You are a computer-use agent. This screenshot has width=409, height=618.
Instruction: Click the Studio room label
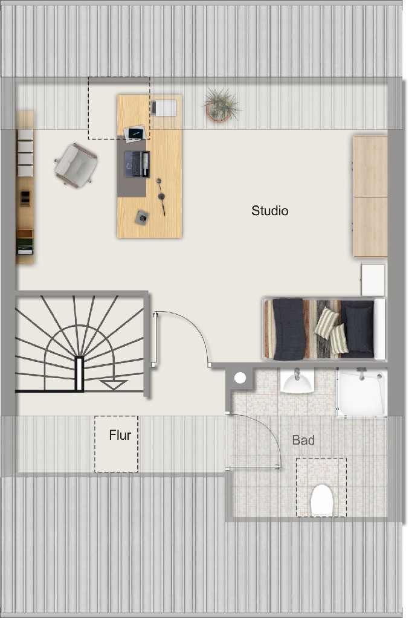click(269, 210)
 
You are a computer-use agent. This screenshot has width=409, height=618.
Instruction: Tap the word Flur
click(120, 435)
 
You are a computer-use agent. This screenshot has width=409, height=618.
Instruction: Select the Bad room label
click(303, 440)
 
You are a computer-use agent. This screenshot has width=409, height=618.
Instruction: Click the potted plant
click(221, 105)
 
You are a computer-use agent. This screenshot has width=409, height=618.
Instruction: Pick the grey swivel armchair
click(76, 165)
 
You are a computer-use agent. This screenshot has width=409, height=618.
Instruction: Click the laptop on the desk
click(137, 164)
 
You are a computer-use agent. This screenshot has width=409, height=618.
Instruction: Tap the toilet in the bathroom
click(322, 500)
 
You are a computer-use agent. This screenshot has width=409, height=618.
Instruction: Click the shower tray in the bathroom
click(362, 392)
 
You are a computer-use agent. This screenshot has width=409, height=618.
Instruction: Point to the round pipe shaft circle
click(240, 378)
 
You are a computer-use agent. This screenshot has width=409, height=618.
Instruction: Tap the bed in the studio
click(324, 329)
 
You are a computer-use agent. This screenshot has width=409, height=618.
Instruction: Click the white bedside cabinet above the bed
click(373, 280)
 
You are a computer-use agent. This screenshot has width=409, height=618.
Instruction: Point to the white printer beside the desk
click(164, 108)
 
